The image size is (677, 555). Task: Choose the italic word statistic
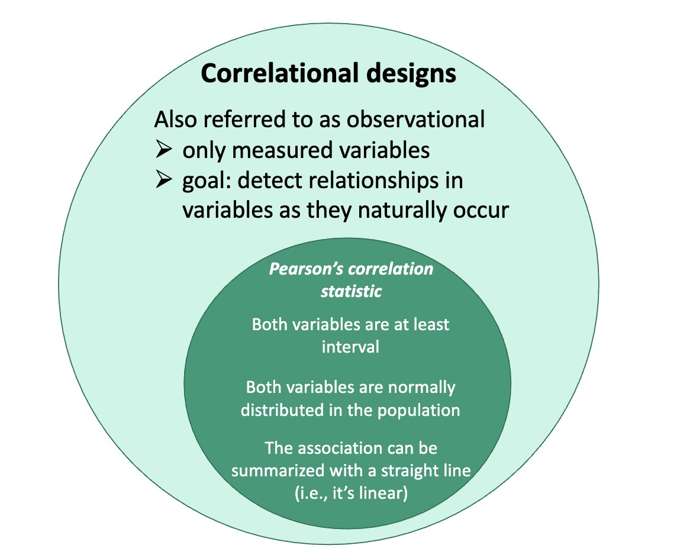tap(351, 291)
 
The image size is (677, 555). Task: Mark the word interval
tap(350, 347)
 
